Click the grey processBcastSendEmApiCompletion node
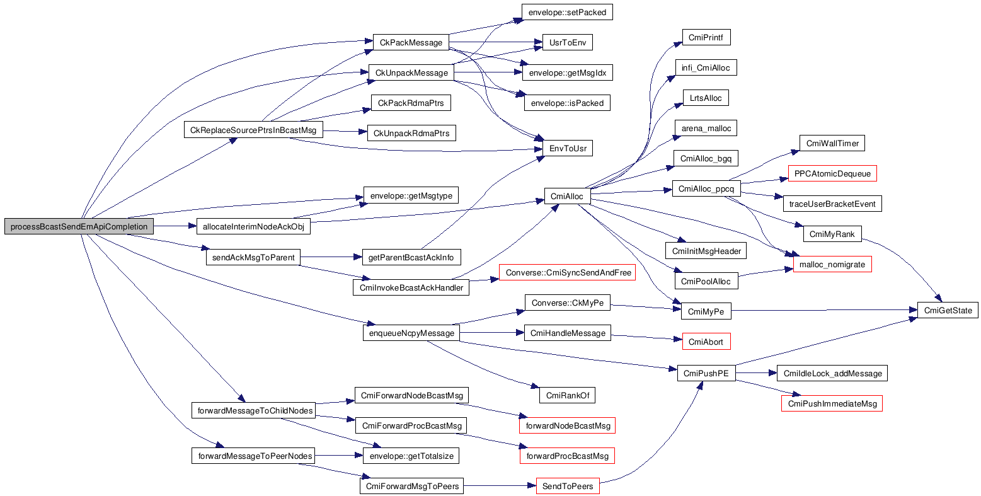click(79, 227)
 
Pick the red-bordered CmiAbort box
click(706, 342)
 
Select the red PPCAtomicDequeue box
click(832, 173)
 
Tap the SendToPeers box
click(568, 487)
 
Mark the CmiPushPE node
click(706, 373)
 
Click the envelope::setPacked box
click(567, 12)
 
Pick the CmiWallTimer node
click(832, 143)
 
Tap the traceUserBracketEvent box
click(832, 204)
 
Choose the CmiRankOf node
click(567, 396)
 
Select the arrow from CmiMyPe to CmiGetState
click(819, 310)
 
